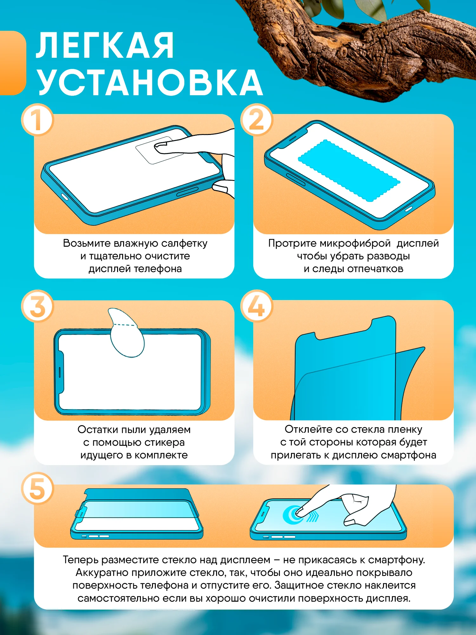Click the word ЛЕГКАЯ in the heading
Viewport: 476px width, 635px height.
click(105, 46)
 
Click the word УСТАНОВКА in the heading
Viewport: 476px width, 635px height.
click(149, 82)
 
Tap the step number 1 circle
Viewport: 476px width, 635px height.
click(37, 120)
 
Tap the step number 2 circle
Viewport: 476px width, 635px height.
click(256, 120)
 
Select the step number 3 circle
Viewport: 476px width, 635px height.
click(37, 306)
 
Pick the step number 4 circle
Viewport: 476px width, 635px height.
click(256, 306)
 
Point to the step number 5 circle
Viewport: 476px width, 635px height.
click(37, 488)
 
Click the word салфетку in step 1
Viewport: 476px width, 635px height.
click(184, 243)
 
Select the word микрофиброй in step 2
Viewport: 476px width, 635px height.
click(355, 244)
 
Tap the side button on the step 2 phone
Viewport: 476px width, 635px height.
click(295, 179)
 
